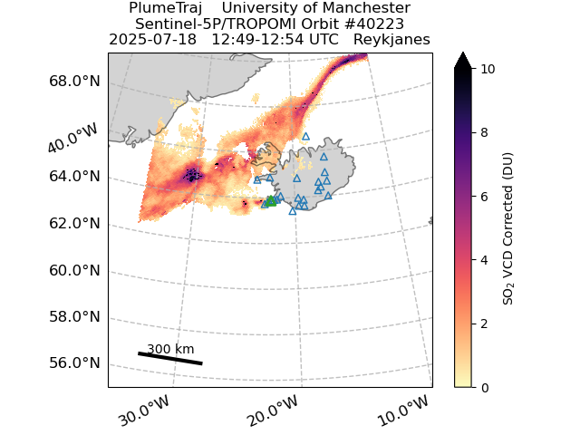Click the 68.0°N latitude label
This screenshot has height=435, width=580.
tap(74, 81)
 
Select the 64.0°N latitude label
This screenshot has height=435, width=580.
tap(74, 176)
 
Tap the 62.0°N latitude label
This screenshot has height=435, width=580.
tap(74, 224)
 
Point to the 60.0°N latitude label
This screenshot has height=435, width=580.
tap(74, 270)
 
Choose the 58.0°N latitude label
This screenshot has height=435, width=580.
tap(74, 317)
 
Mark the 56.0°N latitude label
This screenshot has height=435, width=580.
tap(74, 362)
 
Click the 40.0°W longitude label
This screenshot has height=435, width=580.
tap(72, 138)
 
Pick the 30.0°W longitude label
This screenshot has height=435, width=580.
tap(144, 411)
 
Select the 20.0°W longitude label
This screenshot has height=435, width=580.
tap(273, 411)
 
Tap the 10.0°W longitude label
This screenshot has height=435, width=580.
tap(402, 411)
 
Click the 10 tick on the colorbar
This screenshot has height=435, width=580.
tap(486, 69)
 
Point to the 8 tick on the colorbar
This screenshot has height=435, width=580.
tap(484, 132)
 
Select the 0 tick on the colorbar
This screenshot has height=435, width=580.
tap(484, 388)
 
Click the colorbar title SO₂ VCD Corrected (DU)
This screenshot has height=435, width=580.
tap(507, 229)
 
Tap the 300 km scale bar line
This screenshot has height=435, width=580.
tap(170, 359)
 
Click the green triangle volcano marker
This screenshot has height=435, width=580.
tap(271, 201)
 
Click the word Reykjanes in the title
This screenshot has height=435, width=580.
tap(391, 40)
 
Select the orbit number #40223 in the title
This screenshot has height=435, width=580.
tap(373, 24)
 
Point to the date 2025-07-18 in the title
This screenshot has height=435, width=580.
tap(152, 40)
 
